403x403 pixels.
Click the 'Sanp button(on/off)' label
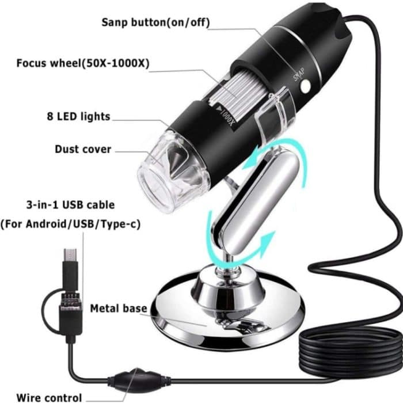155,22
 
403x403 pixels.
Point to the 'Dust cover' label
83,149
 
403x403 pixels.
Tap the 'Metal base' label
118,309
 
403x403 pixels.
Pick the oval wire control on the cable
131,379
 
